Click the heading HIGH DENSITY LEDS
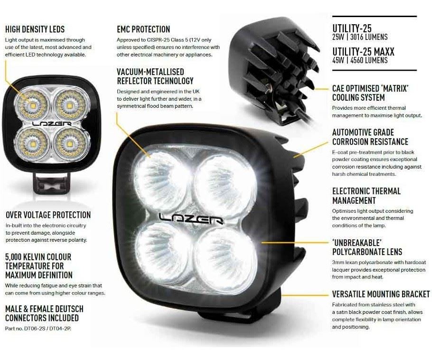pos(35,29)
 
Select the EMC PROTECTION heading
pos(143,29)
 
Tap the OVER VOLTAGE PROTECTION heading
pos(48,215)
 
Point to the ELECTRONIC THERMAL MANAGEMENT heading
pos(366,196)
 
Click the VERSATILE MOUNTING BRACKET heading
pos(381,294)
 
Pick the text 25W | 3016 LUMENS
pos(360,37)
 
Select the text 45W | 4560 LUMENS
pos(360,60)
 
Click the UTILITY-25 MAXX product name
pos(363,52)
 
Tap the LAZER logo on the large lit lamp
pos(191,219)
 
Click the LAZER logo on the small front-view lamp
pos(52,123)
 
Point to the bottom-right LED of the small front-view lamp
pos(69,142)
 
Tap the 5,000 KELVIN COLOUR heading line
pos(38,257)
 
